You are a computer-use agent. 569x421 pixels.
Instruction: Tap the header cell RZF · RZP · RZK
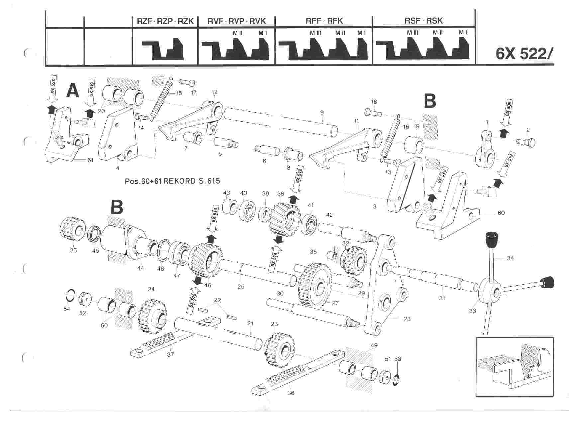[x=165, y=21]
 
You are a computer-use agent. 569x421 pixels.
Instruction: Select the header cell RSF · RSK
[x=424, y=21]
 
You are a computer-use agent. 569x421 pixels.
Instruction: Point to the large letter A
[x=73, y=90]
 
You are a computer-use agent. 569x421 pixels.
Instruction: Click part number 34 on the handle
[x=510, y=258]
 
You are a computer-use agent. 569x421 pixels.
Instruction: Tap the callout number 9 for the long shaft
[x=322, y=113]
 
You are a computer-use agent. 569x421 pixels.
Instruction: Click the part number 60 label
[x=501, y=212]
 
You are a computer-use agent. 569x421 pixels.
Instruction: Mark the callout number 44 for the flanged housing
[x=141, y=268]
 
